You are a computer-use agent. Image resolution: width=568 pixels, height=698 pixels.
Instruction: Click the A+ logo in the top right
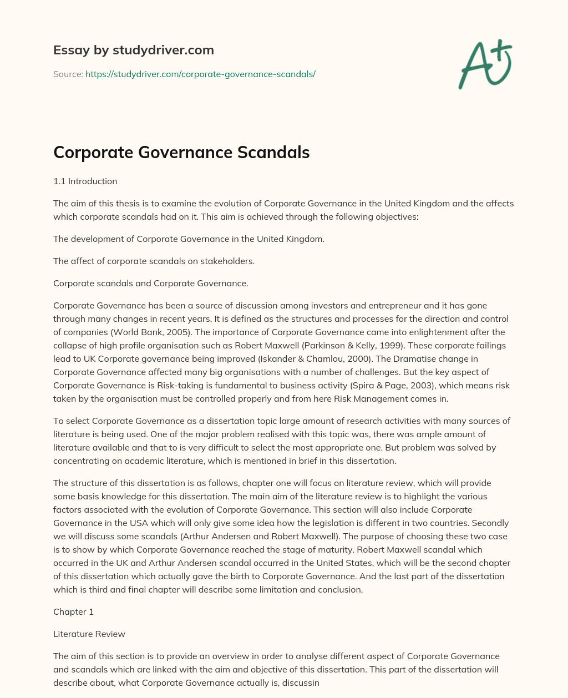(x=485, y=64)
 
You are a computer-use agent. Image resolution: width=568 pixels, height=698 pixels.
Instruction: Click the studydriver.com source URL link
(x=200, y=74)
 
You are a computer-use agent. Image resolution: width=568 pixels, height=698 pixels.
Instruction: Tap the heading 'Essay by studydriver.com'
(x=133, y=50)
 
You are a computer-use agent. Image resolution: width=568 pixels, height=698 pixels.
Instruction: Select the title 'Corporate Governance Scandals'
(x=181, y=152)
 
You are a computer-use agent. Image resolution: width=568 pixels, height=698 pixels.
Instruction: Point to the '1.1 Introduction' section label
(x=85, y=181)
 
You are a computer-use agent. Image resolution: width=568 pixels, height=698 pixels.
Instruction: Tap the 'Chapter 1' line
(x=73, y=611)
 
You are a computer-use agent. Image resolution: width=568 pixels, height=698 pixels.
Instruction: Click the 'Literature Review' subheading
(x=89, y=634)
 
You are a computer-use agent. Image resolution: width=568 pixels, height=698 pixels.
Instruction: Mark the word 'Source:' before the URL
(x=68, y=74)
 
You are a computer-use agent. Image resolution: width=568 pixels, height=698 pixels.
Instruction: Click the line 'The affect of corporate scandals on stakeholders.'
(x=154, y=261)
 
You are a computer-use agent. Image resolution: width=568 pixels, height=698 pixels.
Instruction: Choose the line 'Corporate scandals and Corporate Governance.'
(x=150, y=283)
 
